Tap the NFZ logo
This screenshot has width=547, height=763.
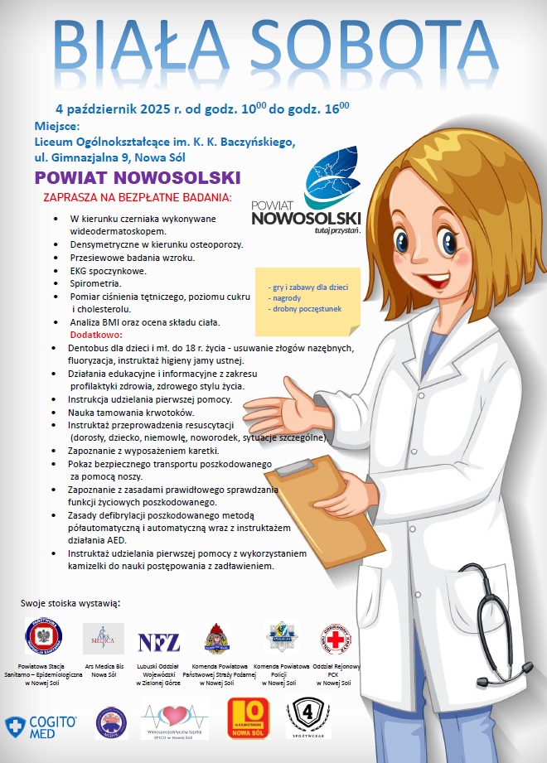coord(158,641)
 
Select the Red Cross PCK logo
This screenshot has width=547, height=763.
coord(335,638)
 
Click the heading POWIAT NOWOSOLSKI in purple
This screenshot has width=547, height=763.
coord(138,178)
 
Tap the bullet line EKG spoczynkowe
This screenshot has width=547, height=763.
coord(108,270)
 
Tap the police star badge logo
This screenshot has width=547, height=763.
coord(282,637)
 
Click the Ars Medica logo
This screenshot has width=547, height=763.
coord(104,639)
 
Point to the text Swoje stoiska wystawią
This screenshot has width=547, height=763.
coord(70,601)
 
